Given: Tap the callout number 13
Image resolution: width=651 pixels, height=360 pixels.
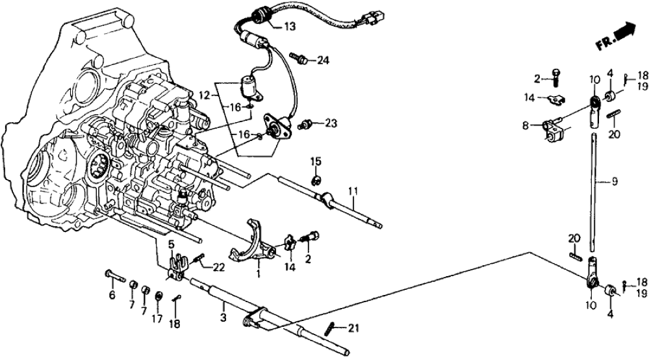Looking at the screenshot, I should (288, 27).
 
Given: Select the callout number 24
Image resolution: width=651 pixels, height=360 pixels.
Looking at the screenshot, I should (323, 61).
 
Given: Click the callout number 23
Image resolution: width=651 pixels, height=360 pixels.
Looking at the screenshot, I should (331, 122).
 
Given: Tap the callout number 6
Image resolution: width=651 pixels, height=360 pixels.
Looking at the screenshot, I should (112, 296).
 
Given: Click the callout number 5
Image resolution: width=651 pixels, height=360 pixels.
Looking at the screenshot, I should (172, 245).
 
